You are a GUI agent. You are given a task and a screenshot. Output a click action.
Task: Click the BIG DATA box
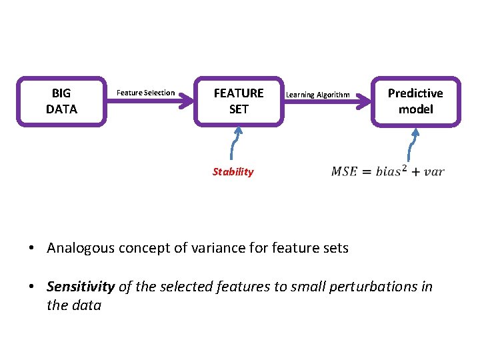click(x=61, y=101)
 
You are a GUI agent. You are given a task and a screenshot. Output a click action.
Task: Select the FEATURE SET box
click(x=238, y=101)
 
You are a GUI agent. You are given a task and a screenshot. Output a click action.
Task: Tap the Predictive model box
click(x=415, y=101)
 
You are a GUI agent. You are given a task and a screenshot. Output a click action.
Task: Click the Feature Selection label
click(x=145, y=93)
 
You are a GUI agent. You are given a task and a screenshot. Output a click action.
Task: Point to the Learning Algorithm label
click(x=317, y=95)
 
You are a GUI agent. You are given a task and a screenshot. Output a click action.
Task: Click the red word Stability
click(x=233, y=172)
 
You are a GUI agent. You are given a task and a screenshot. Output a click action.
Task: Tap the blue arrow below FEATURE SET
click(x=236, y=143)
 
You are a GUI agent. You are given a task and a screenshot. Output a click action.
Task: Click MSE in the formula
click(x=344, y=171)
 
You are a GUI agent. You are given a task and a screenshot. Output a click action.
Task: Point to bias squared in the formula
click(x=389, y=171)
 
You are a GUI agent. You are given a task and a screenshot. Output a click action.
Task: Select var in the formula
click(x=433, y=172)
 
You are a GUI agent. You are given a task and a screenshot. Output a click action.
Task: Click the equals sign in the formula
click(x=366, y=171)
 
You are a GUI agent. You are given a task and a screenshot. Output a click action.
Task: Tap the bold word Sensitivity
click(x=81, y=287)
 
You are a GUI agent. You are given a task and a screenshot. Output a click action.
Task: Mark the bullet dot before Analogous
click(x=31, y=249)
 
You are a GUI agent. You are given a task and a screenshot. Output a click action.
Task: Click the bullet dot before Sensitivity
click(x=31, y=287)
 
